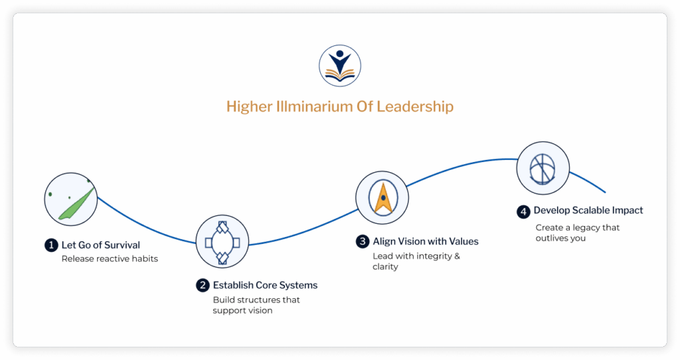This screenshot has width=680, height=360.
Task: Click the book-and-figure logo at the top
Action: tap(339, 65)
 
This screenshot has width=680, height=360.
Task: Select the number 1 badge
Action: tap(50, 246)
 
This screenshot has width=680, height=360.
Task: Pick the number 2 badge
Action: tap(203, 286)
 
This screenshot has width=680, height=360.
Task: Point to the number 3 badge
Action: tap(362, 241)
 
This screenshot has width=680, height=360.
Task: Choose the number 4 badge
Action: tap(523, 211)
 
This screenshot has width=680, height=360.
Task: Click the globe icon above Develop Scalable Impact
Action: tap(543, 167)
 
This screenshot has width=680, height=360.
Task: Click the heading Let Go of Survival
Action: tap(100, 246)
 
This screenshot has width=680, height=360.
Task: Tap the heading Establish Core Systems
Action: tap(265, 286)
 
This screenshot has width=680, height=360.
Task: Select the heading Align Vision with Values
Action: tap(425, 241)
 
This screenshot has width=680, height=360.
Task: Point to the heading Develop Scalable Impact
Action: tap(588, 211)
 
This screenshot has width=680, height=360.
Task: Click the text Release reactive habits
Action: tap(110, 258)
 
